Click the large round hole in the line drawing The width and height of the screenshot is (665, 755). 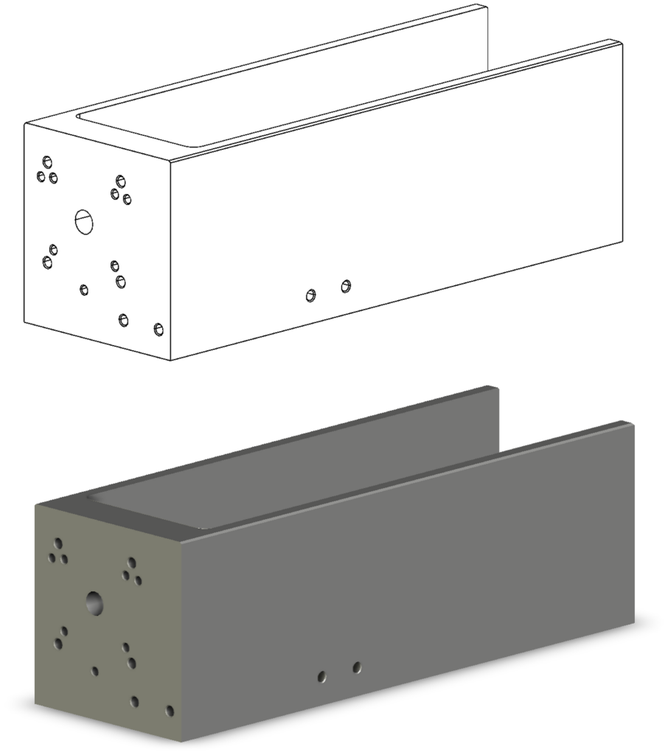click(85, 220)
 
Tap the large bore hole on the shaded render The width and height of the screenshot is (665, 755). click(94, 602)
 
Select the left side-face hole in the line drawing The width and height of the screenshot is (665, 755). click(311, 296)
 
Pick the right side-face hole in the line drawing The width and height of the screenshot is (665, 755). click(346, 286)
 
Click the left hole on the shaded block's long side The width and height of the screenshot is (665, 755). click(322, 676)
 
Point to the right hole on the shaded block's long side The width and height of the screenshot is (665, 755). click(357, 667)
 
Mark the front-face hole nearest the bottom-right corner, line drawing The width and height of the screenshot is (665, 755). click(158, 329)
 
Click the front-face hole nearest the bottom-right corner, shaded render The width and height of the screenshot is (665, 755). click(170, 711)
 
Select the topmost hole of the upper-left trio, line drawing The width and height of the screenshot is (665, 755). click(48, 161)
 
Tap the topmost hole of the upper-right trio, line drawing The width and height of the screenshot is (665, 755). click(120, 181)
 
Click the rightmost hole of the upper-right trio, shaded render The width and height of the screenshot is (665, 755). click(138, 580)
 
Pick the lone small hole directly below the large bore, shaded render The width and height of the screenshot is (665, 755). click(95, 672)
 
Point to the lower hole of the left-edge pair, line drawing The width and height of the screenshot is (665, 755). click(48, 262)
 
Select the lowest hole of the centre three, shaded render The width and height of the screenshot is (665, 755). click(131, 663)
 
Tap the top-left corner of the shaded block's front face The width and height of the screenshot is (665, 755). click(35, 505)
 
